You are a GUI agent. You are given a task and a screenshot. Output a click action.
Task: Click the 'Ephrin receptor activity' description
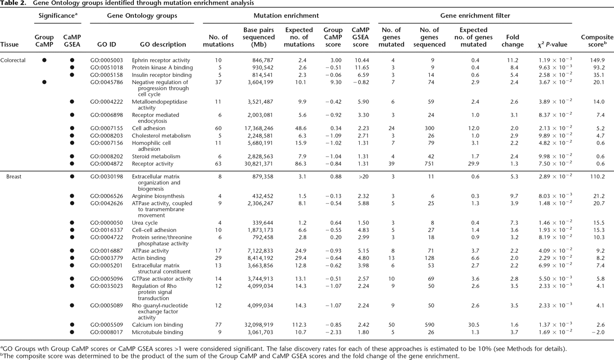tap(161, 60)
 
